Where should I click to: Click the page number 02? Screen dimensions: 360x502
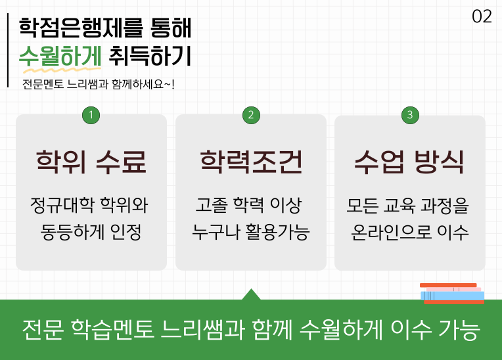pos(482,17)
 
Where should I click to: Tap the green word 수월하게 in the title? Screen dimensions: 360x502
pos(60,56)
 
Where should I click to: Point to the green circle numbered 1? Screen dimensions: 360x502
pos(91,115)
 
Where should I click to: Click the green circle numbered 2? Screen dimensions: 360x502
pos(250,115)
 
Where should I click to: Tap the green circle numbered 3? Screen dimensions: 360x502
pos(410,115)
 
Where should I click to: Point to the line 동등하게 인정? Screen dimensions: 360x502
pos(91,232)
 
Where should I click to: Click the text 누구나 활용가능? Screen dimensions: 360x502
pos(250,232)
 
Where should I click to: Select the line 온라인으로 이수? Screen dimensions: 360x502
pos(410,232)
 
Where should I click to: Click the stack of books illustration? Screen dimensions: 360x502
pos(452,294)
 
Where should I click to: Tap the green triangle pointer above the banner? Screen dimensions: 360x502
pos(251,295)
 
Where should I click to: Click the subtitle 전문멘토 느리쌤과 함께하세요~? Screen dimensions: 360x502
pos(98,84)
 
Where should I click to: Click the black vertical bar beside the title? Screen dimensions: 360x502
pos(9,50)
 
